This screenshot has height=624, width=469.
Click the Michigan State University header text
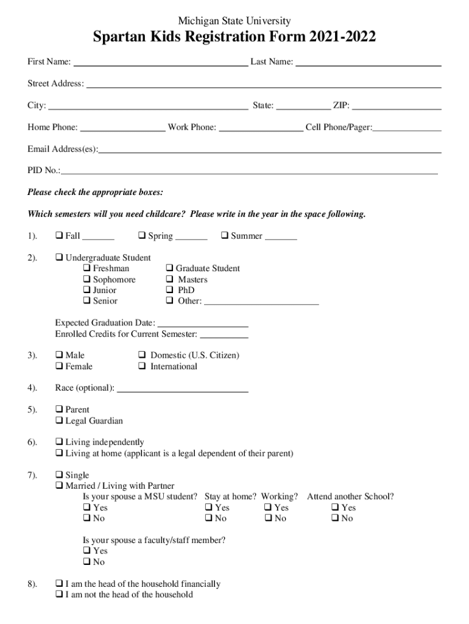coord(234,21)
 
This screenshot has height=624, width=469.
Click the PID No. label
coord(43,171)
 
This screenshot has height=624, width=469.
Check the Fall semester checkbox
coord(59,236)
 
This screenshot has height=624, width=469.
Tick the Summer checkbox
coord(224,236)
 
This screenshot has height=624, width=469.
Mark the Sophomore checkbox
coord(86,280)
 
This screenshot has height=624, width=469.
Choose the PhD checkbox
coord(169,291)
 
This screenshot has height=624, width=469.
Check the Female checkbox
coord(59,366)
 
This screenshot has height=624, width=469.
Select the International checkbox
coord(141,366)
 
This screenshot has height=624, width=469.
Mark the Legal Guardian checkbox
coord(59,421)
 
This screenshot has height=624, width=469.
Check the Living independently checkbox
coord(59,442)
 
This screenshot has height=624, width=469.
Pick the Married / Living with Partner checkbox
coord(59,486)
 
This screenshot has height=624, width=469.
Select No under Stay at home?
coord(208,519)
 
